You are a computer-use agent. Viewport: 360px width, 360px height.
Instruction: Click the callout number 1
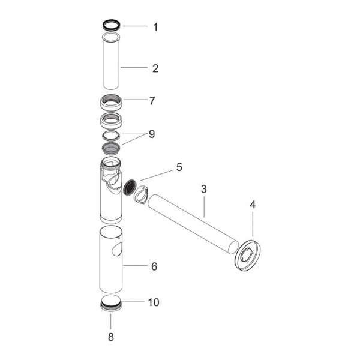pos(155,28)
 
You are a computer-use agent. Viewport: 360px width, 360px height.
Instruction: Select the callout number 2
pos(155,68)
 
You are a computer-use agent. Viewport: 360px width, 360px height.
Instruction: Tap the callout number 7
pos(152,101)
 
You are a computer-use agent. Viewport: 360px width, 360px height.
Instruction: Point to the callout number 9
pos(152,134)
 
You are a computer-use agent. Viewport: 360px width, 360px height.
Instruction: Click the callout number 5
pos(179,167)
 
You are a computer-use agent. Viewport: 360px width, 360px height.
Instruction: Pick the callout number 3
pos(203,189)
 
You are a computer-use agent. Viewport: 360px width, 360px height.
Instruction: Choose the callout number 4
pos(253,205)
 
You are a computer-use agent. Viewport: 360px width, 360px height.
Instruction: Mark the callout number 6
pos(154,266)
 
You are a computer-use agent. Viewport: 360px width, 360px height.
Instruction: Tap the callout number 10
pos(154,302)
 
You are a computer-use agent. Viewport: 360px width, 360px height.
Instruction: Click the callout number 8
pos(111,337)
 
